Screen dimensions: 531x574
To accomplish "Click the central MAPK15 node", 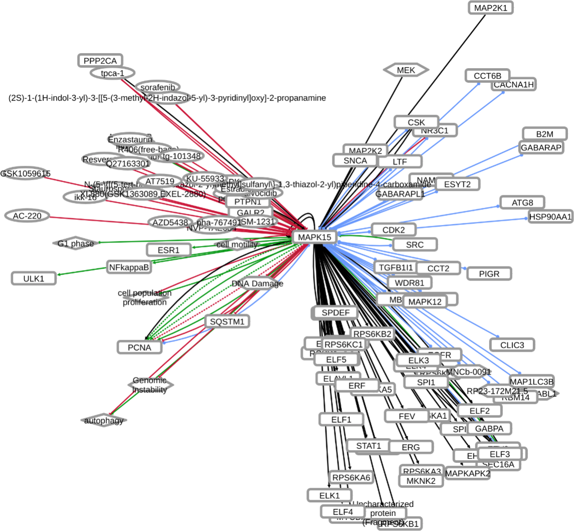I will pyautogui.click(x=314, y=237).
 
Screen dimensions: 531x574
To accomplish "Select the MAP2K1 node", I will pyautogui.click(x=491, y=8).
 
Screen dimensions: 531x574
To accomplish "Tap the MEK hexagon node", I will pyautogui.click(x=406, y=70).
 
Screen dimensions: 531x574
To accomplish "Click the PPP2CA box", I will pyautogui.click(x=100, y=61).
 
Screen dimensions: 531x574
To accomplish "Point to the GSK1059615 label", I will pyautogui.click(x=25, y=173).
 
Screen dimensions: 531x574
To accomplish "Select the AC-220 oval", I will pyautogui.click(x=27, y=216).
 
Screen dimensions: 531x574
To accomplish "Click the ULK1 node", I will pyautogui.click(x=34, y=278).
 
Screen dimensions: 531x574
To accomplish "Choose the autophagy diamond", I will pyautogui.click(x=104, y=421).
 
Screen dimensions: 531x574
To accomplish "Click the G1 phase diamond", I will pyautogui.click(x=76, y=244).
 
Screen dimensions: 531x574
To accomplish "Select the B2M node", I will pyautogui.click(x=544, y=134).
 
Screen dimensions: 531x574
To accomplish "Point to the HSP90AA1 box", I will pyautogui.click(x=550, y=216).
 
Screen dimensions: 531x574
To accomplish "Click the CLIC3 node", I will pyautogui.click(x=512, y=345).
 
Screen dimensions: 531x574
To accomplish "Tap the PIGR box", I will pyautogui.click(x=489, y=274).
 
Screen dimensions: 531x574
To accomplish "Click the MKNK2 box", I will pyautogui.click(x=421, y=480).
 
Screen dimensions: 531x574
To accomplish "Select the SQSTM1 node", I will pyautogui.click(x=227, y=322).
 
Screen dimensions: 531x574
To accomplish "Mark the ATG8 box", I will pyautogui.click(x=522, y=203).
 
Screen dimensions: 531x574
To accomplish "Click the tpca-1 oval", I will pyautogui.click(x=112, y=73).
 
